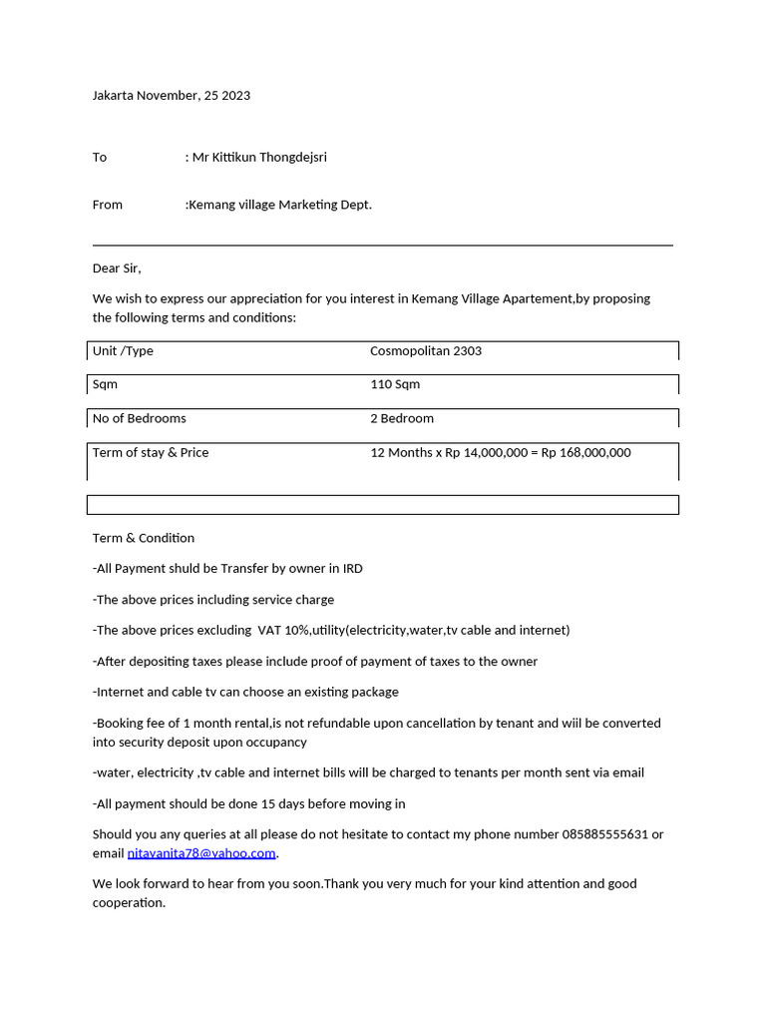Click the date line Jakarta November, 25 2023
(x=171, y=96)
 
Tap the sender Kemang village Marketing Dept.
(x=280, y=205)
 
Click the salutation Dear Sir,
(x=117, y=268)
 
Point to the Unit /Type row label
(x=123, y=351)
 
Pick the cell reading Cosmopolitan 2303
(x=425, y=351)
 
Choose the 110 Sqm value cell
(x=395, y=384)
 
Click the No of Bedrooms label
(x=139, y=418)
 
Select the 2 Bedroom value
(x=401, y=418)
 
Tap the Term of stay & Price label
(x=151, y=453)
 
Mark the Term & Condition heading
(x=144, y=538)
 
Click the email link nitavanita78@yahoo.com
(x=201, y=853)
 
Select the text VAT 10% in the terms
(x=283, y=631)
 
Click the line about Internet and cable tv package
(x=245, y=692)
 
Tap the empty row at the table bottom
(x=382, y=505)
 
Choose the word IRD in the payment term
(x=352, y=569)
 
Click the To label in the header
(x=100, y=158)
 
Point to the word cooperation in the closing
(x=128, y=902)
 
